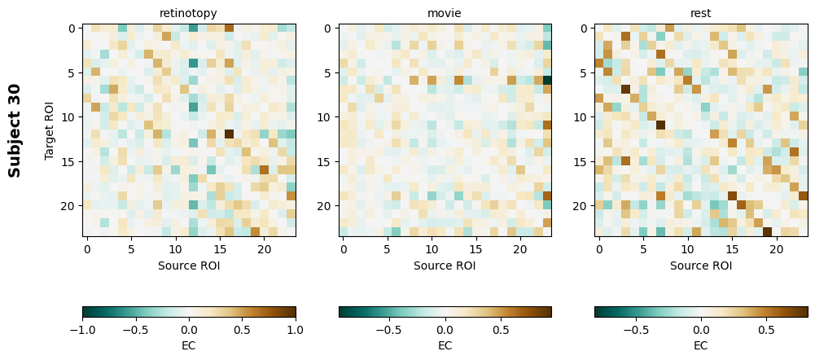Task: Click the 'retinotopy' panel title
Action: [189, 13]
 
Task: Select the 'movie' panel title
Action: [445, 13]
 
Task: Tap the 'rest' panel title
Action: [701, 13]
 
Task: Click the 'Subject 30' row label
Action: [15, 130]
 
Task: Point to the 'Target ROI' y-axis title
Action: [50, 130]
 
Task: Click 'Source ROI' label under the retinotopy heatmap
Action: [189, 266]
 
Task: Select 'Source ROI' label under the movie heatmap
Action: [445, 266]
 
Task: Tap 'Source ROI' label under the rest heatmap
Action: [701, 266]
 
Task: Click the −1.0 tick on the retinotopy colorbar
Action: [82, 330]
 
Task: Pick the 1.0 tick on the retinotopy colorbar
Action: [296, 330]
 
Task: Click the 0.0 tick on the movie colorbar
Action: [445, 330]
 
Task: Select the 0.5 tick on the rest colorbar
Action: [766, 330]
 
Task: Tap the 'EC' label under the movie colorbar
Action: [445, 345]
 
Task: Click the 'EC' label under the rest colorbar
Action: [701, 345]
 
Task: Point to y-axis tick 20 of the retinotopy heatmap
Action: [72, 206]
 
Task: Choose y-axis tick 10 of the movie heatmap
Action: [327, 117]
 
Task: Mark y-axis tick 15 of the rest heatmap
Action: [584, 161]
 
